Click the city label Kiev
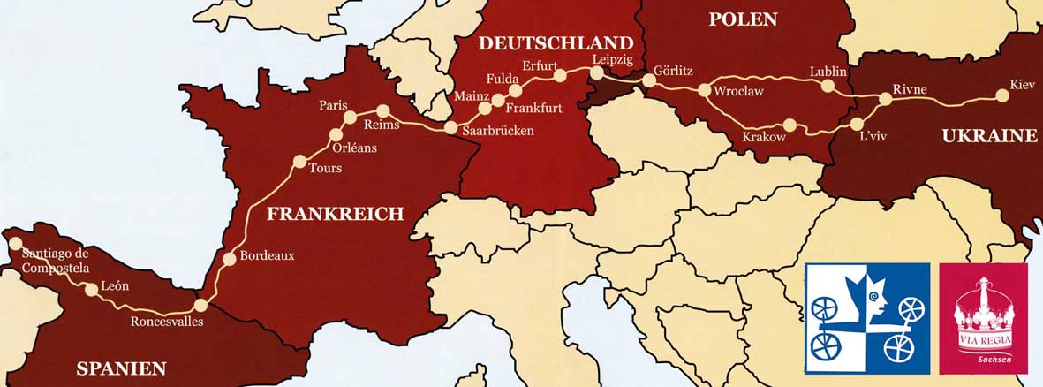click(x=1021, y=85)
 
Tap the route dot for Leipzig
click(x=596, y=73)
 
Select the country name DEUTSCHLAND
click(x=556, y=43)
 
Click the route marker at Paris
click(x=350, y=118)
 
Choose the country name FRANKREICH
click(x=335, y=213)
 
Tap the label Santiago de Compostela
click(x=55, y=261)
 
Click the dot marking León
click(x=91, y=289)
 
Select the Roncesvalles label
click(x=167, y=322)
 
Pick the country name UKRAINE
click(x=989, y=136)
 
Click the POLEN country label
click(x=743, y=19)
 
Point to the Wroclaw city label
click(x=738, y=91)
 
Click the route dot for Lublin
click(x=828, y=87)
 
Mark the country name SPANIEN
click(x=121, y=368)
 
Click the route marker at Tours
click(x=299, y=162)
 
